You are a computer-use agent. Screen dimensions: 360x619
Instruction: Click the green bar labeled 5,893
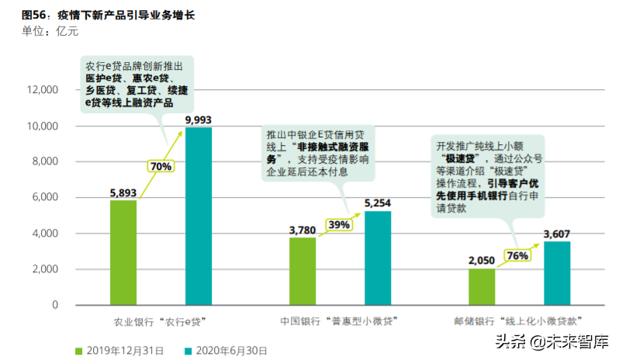[x=123, y=252]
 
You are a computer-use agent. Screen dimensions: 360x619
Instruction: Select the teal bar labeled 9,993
[x=199, y=216]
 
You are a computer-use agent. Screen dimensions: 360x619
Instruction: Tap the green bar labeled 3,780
[x=303, y=271]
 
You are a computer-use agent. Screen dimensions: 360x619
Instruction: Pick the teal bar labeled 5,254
[x=378, y=258]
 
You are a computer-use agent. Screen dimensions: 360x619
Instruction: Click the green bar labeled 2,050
[x=482, y=286]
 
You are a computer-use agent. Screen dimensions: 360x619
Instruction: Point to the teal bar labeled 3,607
[x=557, y=273]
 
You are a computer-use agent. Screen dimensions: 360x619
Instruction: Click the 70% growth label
[x=161, y=165]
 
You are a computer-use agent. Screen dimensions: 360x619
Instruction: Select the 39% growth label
[x=339, y=224]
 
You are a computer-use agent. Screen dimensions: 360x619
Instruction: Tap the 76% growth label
[x=517, y=255]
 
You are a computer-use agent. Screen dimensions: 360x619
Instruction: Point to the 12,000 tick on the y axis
[x=43, y=90]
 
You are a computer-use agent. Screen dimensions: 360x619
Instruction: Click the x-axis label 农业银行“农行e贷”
[x=160, y=320]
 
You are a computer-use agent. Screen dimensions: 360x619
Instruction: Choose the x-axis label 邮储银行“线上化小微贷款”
[x=518, y=320]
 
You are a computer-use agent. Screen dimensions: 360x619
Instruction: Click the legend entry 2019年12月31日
[x=123, y=351]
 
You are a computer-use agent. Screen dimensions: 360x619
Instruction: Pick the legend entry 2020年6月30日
[x=229, y=351]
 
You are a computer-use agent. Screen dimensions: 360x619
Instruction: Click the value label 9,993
[x=199, y=119]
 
